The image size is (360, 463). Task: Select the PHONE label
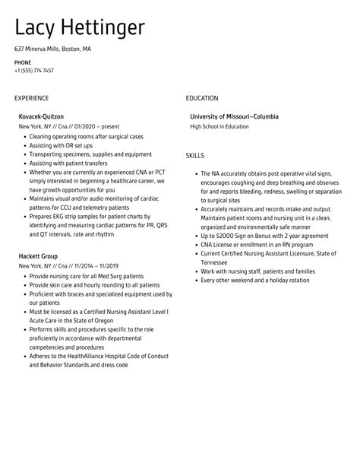[22, 62]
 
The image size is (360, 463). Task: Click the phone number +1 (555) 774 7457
[33, 71]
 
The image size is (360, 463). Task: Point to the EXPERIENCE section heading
[31, 98]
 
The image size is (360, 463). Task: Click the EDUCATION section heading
[202, 98]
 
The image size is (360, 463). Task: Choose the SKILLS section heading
[196, 155]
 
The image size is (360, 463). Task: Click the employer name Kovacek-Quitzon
[41, 116]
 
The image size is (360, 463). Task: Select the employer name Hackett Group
[38, 256]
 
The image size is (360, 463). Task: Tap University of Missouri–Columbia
[234, 116]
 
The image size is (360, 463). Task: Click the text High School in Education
[219, 126]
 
